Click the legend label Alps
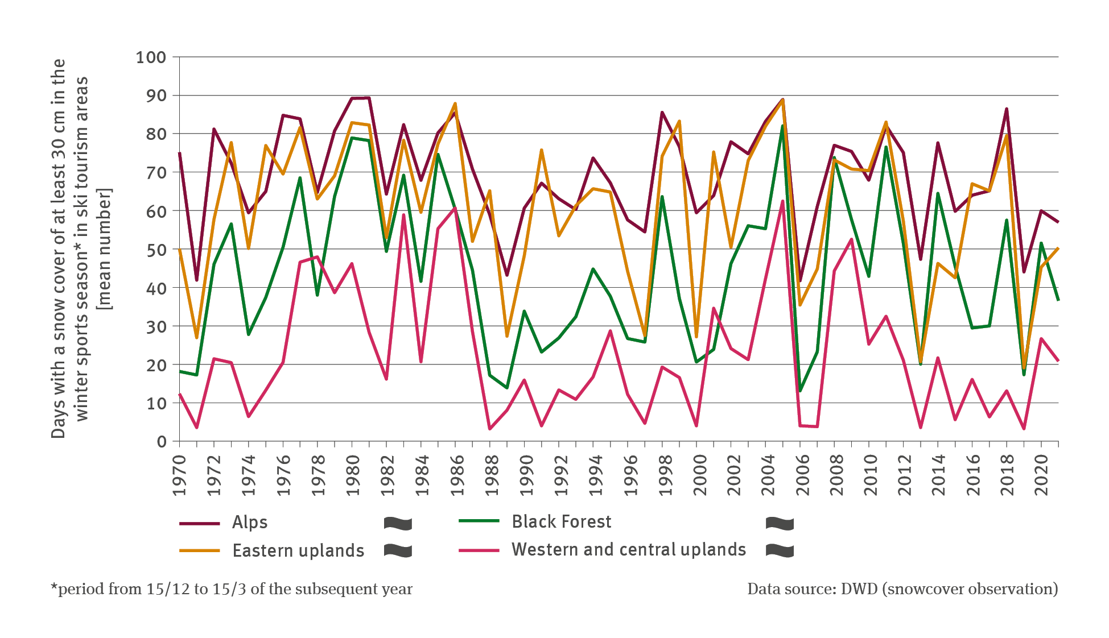[249, 522]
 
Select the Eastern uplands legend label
[298, 550]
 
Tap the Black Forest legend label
[561, 521]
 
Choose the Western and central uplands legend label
[628, 549]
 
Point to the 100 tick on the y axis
[151, 57]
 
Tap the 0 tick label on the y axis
[162, 442]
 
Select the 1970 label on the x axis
[180, 475]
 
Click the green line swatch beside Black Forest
[479, 521]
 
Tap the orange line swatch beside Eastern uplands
[199, 550]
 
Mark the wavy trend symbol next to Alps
[398, 523]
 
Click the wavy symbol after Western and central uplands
[780, 550]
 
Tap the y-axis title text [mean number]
[105, 249]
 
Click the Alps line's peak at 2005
[783, 100]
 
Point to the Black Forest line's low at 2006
[800, 391]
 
